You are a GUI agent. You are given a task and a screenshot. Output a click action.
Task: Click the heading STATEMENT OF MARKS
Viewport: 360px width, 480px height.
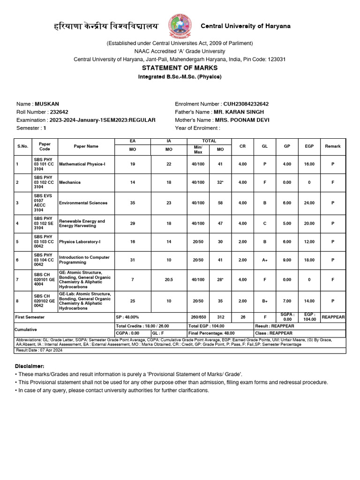pyautogui.click(x=180, y=68)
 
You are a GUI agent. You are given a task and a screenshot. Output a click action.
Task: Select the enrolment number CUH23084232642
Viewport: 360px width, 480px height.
pyautogui.click(x=246, y=104)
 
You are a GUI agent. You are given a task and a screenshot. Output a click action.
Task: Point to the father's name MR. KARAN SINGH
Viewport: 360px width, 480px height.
pyautogui.click(x=239, y=112)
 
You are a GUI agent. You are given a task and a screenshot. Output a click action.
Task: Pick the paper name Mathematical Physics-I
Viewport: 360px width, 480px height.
pyautogui.click(x=82, y=165)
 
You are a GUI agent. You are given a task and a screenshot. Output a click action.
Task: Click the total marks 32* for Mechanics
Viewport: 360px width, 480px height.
pyautogui.click(x=220, y=182)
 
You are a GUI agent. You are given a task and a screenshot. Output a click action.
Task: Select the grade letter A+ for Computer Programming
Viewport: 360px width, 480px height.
pyautogui.click(x=265, y=260)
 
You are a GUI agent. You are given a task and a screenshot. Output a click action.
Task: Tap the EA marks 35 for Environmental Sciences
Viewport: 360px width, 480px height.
pyautogui.click(x=133, y=203)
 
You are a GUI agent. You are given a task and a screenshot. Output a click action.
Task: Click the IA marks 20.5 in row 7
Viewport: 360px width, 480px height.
pyautogui.click(x=169, y=279)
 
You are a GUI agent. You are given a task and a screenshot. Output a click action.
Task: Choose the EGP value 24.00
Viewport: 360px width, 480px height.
pyautogui.click(x=309, y=203)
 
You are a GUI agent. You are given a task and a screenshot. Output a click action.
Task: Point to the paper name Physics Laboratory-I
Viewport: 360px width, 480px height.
pyautogui.click(x=80, y=242)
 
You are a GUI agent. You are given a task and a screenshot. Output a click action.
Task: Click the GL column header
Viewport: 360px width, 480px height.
pyautogui.click(x=265, y=146)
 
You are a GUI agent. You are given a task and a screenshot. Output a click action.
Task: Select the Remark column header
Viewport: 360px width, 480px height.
pyautogui.click(x=333, y=146)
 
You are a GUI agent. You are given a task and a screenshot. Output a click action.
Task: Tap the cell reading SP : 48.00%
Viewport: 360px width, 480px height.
pyautogui.click(x=128, y=317)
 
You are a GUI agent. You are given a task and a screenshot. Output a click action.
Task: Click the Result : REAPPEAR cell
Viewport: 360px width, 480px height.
pyautogui.click(x=275, y=326)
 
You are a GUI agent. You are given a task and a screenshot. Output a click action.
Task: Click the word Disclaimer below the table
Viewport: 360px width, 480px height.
pyautogui.click(x=30, y=366)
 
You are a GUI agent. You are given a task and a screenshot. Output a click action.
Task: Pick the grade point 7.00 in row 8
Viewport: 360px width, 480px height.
pyautogui.click(x=287, y=301)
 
